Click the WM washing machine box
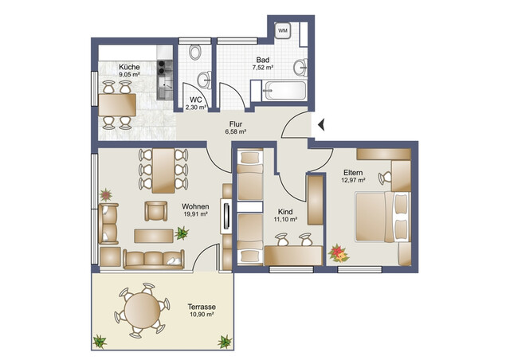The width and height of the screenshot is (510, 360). [x=283, y=31]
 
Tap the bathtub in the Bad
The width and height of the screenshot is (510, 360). [x=282, y=92]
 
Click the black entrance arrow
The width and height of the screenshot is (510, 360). [x=321, y=124]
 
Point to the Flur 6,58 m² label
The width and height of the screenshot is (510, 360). [x=235, y=128]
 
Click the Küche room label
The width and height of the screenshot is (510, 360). [x=129, y=72]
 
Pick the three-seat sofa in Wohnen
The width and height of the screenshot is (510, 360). [x=153, y=259]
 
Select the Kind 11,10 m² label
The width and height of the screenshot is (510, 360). [x=284, y=215]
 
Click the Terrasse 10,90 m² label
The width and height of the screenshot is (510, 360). [x=202, y=310]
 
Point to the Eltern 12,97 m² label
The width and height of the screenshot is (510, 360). [x=354, y=176]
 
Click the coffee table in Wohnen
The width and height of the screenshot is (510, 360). [x=152, y=234]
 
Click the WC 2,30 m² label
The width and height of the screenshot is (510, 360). [x=196, y=103]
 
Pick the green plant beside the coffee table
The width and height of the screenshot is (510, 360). [x=182, y=233]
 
